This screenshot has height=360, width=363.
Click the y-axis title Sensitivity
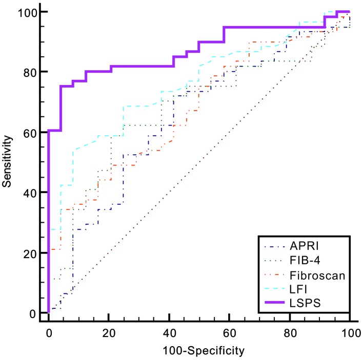[8, 162]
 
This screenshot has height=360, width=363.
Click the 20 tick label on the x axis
[109, 333]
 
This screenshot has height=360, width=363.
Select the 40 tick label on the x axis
[169, 333]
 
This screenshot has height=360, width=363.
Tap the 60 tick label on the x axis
[230, 333]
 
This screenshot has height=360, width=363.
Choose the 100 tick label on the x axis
[350, 333]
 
